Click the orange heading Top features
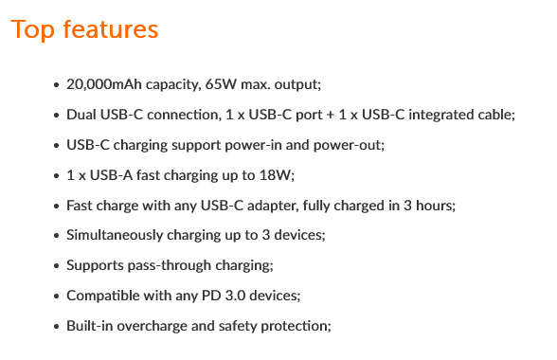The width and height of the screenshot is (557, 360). pyautogui.click(x=84, y=29)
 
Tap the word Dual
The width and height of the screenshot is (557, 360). pyautogui.click(x=81, y=114)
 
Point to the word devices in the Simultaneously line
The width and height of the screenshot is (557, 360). pyautogui.click(x=306, y=235)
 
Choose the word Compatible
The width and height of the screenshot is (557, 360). pyautogui.click(x=101, y=296)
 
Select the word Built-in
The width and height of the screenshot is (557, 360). pyautogui.click(x=87, y=326)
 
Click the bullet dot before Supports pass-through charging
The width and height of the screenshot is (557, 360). pyautogui.click(x=56, y=265)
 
